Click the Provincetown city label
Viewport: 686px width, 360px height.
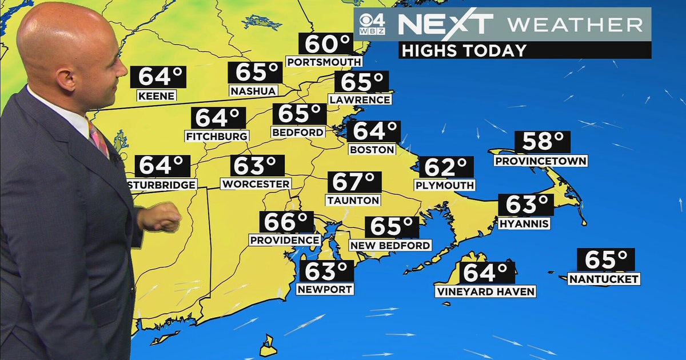tap(541, 161)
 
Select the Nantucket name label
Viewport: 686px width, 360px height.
tap(604, 279)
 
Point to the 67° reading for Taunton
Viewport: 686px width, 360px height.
tap(354, 182)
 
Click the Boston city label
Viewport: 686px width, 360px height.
tap(372, 150)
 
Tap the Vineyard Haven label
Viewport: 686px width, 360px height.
tap(485, 292)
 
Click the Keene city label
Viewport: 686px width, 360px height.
tap(156, 96)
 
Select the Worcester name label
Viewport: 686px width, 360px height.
tap(256, 184)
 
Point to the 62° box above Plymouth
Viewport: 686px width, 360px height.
tap(446, 167)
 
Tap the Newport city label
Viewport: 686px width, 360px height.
tap(325, 289)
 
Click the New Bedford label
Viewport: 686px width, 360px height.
tap(390, 246)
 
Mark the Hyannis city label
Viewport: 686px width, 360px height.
tap(524, 223)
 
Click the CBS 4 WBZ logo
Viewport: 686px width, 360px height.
tap(372, 25)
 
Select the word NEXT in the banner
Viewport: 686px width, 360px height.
tap(445, 25)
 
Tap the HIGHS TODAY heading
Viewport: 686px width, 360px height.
tap(463, 50)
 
